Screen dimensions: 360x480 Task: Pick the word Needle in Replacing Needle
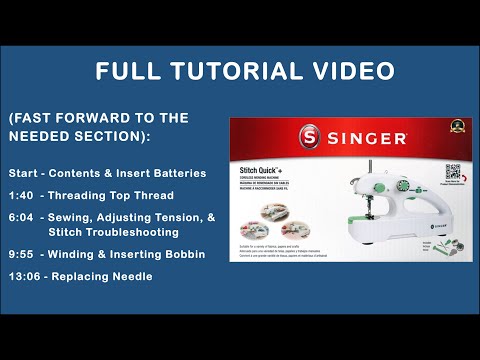point(133,275)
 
